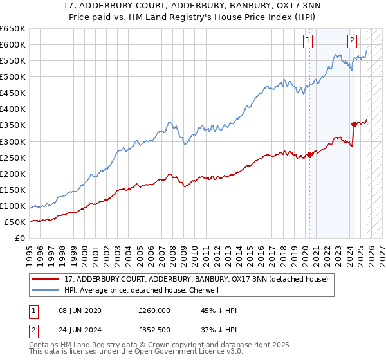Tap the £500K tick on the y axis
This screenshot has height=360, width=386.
13,76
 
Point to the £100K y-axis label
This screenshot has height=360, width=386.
13,206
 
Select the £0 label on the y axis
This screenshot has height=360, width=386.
20,238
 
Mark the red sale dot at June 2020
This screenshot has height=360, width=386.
309,154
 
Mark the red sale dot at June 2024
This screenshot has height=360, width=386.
354,124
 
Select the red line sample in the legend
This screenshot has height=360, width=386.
46,280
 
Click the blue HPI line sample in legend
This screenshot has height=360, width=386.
46,290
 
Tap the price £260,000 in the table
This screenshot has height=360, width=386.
154,310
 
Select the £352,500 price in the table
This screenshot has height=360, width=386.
154,328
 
